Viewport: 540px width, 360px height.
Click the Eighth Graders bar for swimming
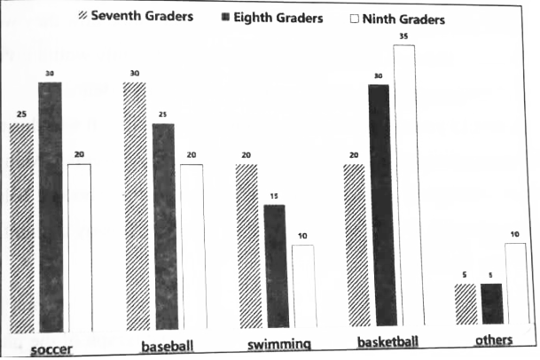pyautogui.click(x=275, y=266)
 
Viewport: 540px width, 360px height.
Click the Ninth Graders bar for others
pyautogui.click(x=516, y=283)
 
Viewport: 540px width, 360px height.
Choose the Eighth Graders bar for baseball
pyautogui.click(x=164, y=226)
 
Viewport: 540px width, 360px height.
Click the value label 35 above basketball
pyautogui.click(x=404, y=37)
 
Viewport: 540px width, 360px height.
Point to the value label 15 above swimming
pyautogui.click(x=275, y=197)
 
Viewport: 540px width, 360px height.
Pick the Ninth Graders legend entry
pyautogui.click(x=397, y=18)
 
